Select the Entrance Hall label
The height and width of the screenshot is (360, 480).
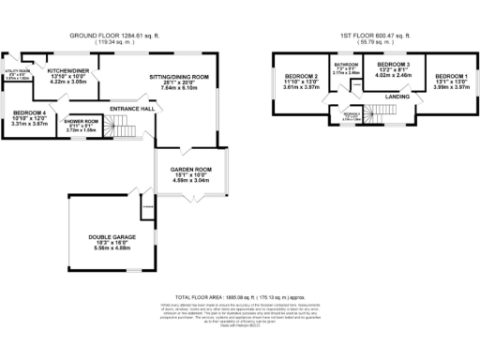131,109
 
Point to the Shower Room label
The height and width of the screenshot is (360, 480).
82,122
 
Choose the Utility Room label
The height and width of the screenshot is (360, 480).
18,71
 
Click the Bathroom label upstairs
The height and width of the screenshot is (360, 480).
346,65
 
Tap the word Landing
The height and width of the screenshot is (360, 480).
397,96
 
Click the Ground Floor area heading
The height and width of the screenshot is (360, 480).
113,35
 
